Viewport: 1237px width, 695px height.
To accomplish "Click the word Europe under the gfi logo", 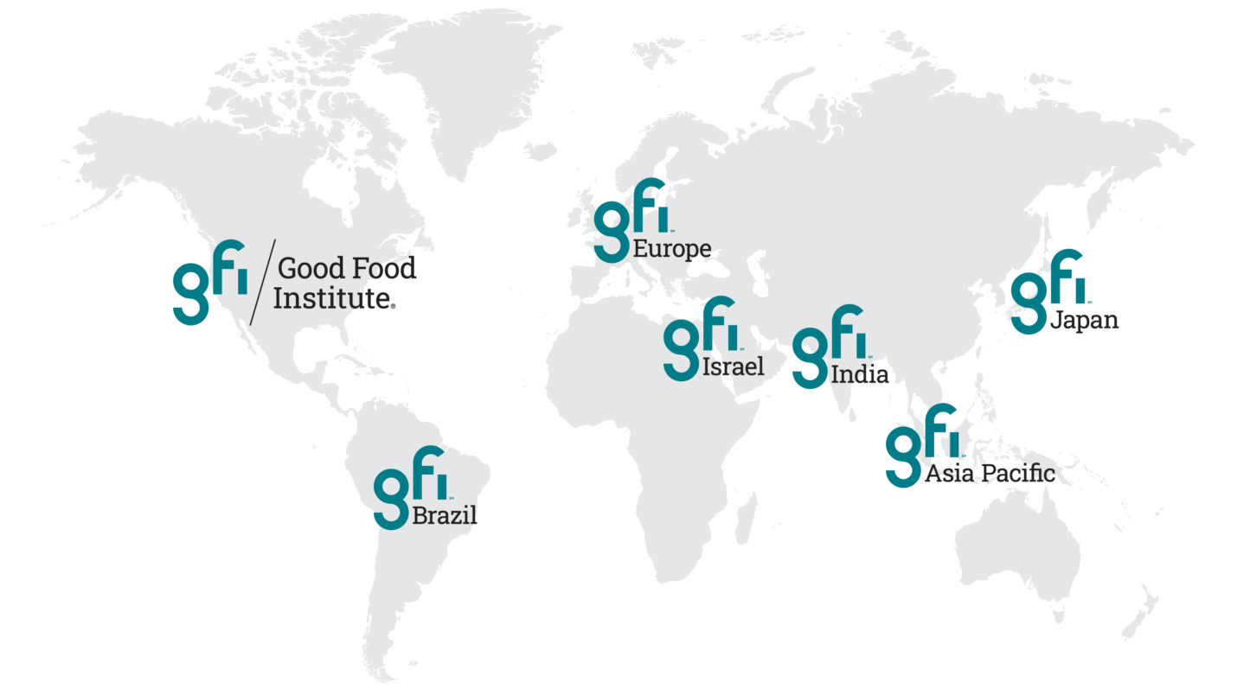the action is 672,250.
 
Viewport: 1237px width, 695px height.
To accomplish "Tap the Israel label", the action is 733,367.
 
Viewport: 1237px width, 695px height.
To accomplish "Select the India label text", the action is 859,374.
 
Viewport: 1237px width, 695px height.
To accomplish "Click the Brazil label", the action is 445,517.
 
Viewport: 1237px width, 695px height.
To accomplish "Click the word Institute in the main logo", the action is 333,299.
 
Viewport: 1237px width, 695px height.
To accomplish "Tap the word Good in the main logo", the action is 311,269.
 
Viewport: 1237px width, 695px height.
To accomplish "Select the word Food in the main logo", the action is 383,269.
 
